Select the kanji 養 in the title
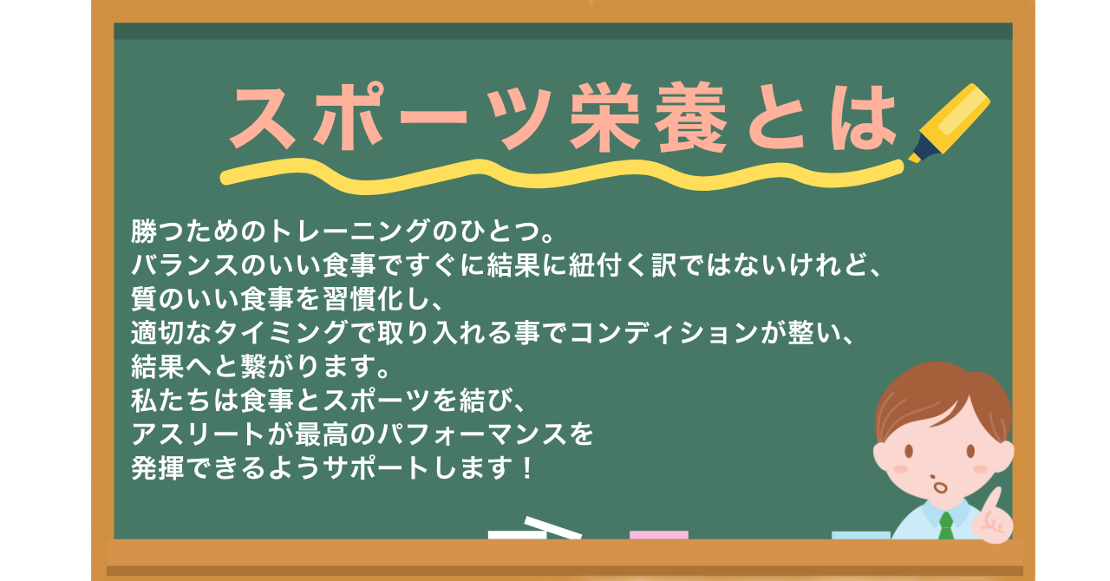[690, 117]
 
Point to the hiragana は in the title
[863, 118]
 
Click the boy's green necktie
[945, 526]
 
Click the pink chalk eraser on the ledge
[658, 535]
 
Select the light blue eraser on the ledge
[861, 535]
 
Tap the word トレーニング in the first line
[349, 231]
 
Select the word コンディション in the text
[664, 332]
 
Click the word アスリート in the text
[198, 434]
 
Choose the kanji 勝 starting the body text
[144, 231]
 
